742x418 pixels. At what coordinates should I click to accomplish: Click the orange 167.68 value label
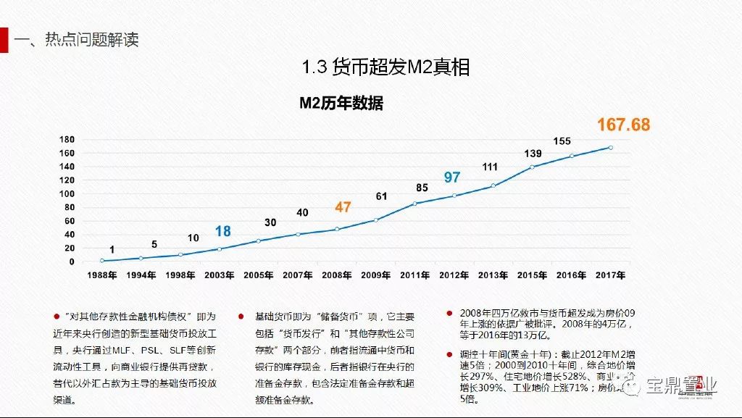coord(623,125)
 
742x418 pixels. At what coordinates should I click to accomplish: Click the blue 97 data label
coord(452,177)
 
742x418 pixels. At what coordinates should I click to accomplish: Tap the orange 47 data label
coord(343,207)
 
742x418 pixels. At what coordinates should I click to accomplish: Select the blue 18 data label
coord(222,231)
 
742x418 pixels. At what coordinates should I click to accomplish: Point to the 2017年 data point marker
coord(610,148)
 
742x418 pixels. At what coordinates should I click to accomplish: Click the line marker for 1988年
coord(102,260)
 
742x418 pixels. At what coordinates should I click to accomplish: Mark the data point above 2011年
coord(414,204)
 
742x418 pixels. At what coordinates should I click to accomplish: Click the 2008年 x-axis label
coord(338,275)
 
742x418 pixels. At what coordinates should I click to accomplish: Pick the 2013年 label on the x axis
coord(493,275)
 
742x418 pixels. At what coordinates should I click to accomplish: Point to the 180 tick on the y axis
coord(67,139)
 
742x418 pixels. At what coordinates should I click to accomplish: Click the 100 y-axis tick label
coord(67,193)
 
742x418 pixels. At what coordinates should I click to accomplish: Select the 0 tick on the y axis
coord(72,262)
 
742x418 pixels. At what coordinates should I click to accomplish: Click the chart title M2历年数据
coord(341,104)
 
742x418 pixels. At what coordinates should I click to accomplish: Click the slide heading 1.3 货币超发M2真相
coord(385,67)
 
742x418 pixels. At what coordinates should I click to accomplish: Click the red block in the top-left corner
coord(4,40)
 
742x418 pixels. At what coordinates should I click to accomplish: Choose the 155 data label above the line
coord(562,141)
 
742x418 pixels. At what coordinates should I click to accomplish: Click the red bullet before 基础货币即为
coord(241,317)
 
